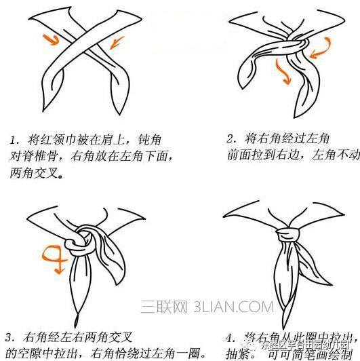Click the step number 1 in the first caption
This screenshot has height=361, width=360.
pyautogui.click(x=13, y=140)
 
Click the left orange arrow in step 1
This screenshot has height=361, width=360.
pyautogui.click(x=49, y=37)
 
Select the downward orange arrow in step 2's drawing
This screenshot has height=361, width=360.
pyautogui.click(x=283, y=72)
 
